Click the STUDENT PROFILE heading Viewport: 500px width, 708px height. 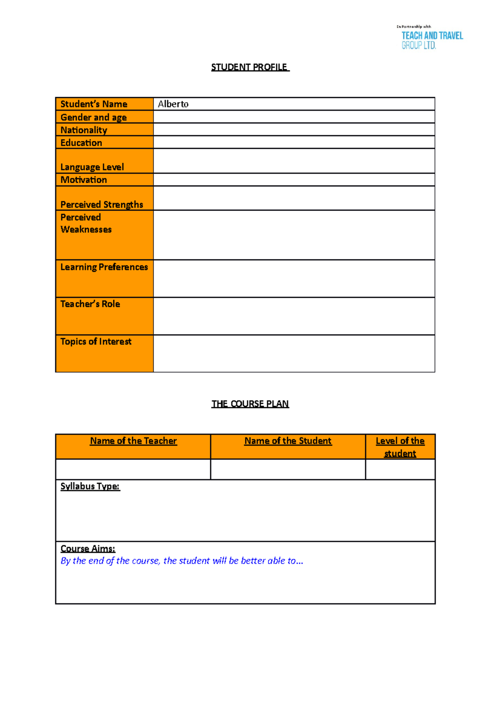click(250, 67)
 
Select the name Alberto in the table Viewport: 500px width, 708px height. click(173, 104)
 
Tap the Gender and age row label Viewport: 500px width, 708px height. click(93, 117)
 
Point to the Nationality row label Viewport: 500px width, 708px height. click(84, 130)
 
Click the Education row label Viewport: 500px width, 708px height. click(81, 143)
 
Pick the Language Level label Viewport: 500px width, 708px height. click(92, 167)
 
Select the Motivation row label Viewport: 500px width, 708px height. click(84, 180)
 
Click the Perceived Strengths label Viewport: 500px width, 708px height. click(102, 204)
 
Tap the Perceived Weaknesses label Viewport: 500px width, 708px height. click(86, 223)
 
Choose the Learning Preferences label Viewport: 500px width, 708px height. click(104, 267)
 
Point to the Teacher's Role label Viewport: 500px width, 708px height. click(90, 304)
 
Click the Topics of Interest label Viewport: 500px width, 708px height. click(96, 341)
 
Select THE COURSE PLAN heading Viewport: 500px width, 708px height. click(250, 404)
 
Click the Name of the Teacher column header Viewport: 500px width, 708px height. click(133, 441)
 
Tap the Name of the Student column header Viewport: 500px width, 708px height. click(288, 441)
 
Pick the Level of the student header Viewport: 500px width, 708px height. click(400, 447)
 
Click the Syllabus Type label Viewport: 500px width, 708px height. click(90, 486)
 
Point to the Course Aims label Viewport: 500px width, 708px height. click(87, 548)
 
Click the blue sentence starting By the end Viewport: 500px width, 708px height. click(182, 561)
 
